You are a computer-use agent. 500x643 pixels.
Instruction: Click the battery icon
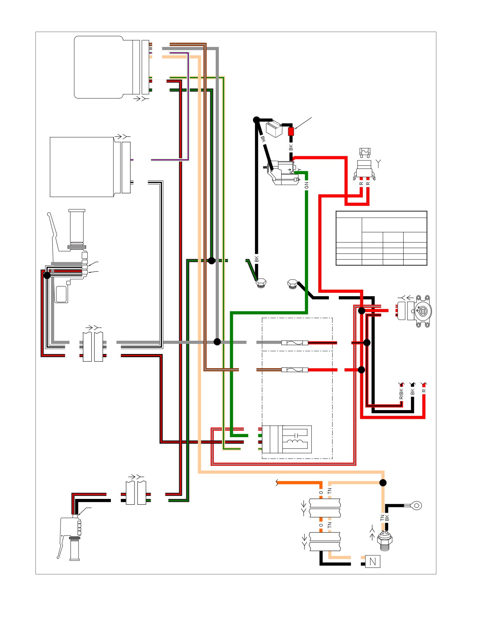pos(274,129)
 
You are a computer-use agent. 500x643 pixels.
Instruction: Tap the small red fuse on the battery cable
pos(291,131)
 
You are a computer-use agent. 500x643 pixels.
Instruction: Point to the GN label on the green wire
pos(306,185)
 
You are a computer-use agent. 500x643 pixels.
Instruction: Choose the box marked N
pos(373,561)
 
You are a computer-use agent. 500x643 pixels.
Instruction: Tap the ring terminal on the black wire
pos(417,506)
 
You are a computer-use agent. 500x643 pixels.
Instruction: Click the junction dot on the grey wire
pos(217,342)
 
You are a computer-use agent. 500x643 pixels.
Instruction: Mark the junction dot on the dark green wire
pos(212,261)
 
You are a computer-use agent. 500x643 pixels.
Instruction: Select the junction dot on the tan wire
pos(383,483)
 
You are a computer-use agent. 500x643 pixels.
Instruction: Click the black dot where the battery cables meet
pos(256,120)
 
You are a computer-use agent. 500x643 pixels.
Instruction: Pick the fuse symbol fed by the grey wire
pos(295,343)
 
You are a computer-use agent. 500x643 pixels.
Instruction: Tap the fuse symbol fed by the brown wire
pos(295,370)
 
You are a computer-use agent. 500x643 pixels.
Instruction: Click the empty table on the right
pos(381,238)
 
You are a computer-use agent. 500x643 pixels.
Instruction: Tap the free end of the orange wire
pos(277,483)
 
